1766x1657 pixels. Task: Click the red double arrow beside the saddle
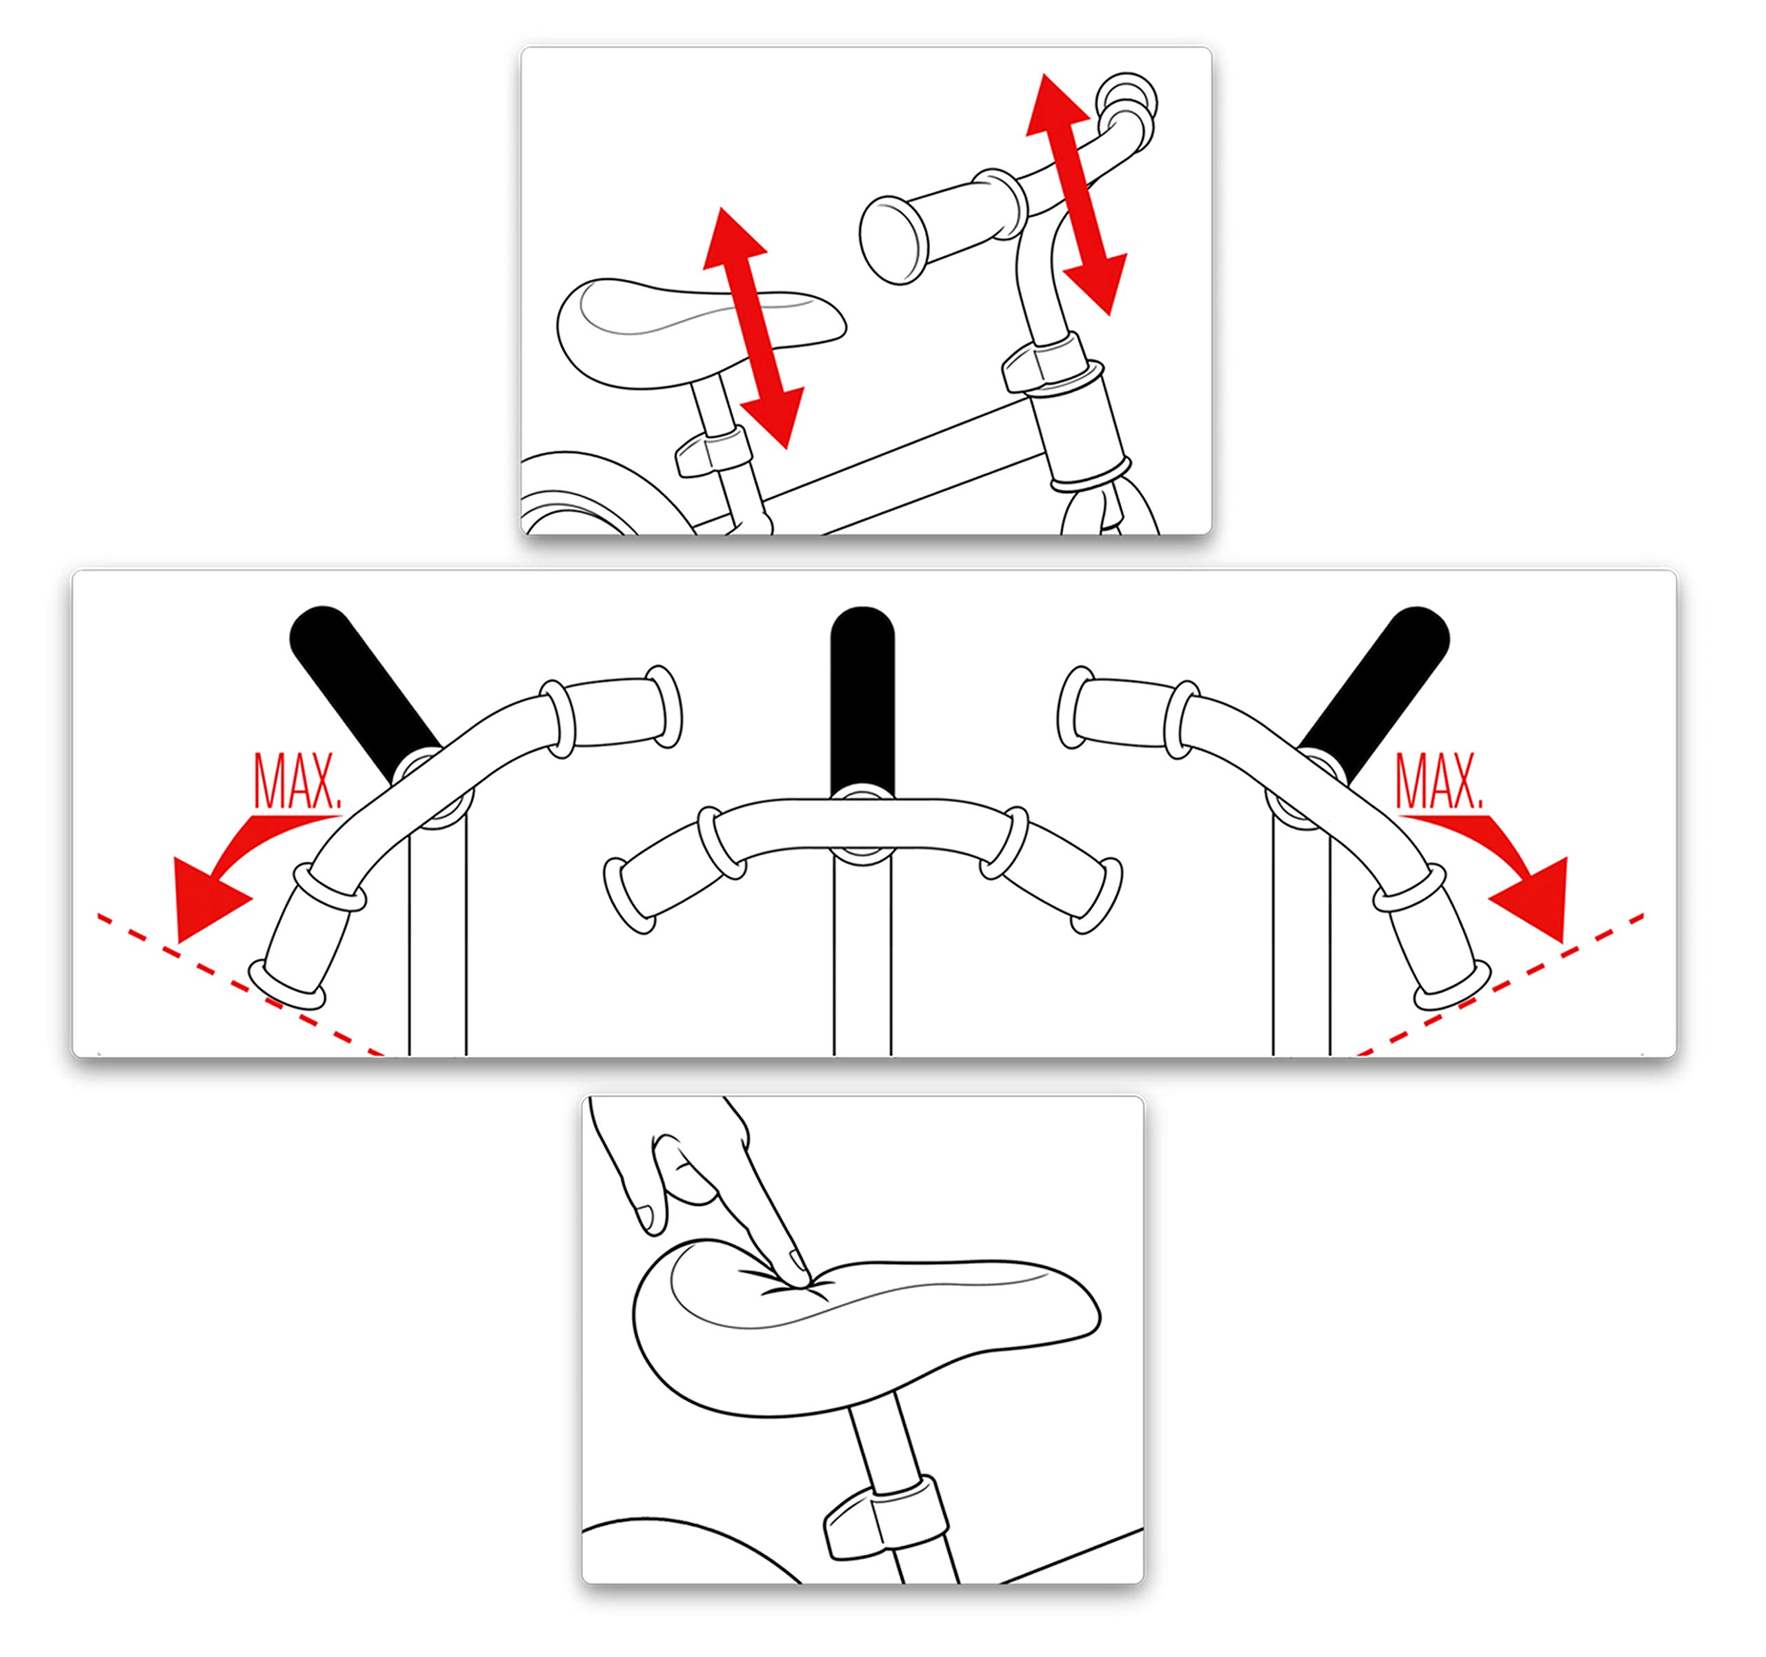(x=753, y=327)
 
